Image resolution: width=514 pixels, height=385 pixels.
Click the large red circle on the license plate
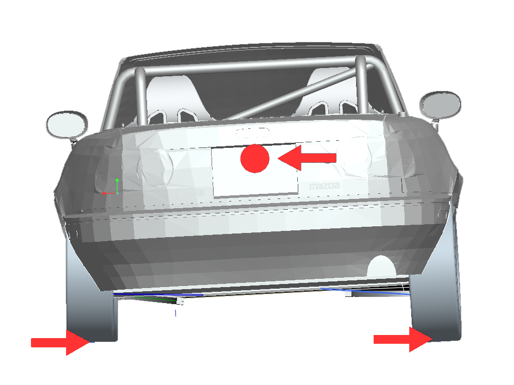coord(255,158)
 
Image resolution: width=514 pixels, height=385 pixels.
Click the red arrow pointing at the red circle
coord(307,158)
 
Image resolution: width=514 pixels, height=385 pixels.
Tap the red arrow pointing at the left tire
coord(60,342)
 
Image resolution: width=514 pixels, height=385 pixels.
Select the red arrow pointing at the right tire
coord(403,340)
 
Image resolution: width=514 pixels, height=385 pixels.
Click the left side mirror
coord(67,125)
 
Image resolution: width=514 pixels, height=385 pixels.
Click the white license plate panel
coord(255,170)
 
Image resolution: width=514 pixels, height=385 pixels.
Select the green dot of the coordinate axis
coord(117,180)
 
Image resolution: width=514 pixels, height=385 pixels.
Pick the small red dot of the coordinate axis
coord(104,193)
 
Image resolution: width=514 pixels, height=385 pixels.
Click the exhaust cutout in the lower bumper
coord(381,266)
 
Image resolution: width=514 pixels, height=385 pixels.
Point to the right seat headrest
coord(331,92)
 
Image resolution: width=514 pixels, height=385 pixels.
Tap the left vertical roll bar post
coord(141,96)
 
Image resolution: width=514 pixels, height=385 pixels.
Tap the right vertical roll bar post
coord(362,85)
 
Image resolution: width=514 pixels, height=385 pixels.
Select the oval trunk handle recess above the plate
coord(252,132)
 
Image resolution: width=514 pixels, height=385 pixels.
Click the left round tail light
coord(155,168)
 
